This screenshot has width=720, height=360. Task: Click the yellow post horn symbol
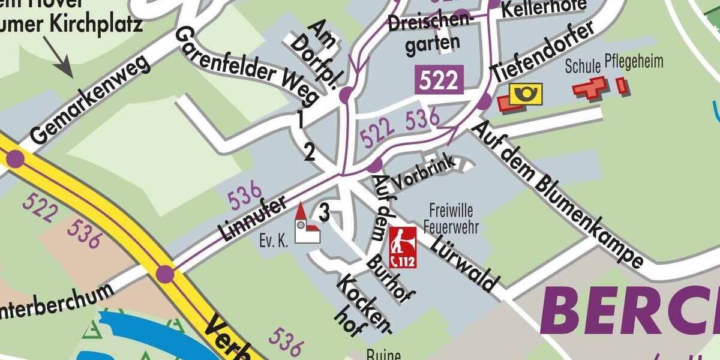point(526,94)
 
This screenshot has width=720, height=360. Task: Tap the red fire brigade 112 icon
point(403,247)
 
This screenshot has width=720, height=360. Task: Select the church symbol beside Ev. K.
point(307,224)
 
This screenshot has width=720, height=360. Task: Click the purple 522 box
point(439,79)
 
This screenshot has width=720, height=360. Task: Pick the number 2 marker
point(310,153)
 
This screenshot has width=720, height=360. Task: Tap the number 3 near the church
point(325,212)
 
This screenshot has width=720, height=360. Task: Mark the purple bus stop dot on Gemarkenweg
point(15,159)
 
